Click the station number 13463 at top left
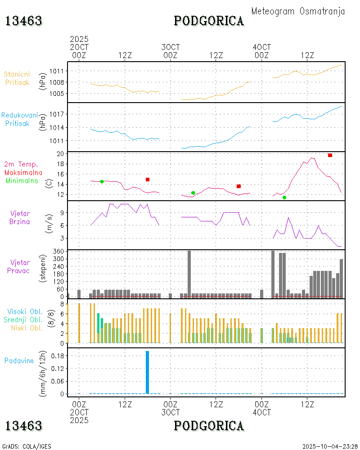(24, 21)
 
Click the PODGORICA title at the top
(209, 21)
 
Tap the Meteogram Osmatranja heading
(298, 11)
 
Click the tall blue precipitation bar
(147, 372)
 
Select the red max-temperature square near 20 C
(330, 155)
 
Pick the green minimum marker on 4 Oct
(284, 197)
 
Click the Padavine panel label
(19, 360)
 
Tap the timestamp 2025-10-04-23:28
(329, 446)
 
